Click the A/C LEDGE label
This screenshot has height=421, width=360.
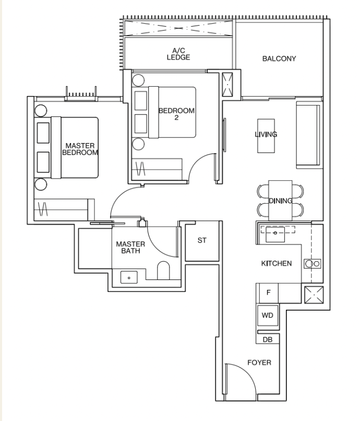[x=178, y=54]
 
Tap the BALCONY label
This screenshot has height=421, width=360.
[x=279, y=59]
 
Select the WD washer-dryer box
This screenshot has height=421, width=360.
[x=268, y=315]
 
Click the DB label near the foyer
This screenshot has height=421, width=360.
[x=268, y=340]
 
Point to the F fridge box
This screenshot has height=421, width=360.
[x=268, y=293]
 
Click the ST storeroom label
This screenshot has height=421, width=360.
[x=202, y=240]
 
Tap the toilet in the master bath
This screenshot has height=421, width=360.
[x=163, y=270]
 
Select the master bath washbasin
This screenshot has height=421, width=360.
[x=129, y=277]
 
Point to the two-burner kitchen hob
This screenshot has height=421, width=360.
[x=313, y=264]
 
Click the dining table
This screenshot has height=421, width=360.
[x=280, y=201]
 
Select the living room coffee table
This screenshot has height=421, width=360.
[x=266, y=136]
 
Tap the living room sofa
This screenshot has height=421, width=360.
[x=308, y=135]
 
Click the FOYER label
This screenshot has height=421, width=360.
[x=259, y=362]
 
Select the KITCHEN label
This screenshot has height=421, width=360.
[x=277, y=263]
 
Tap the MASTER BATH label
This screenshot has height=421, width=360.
[x=130, y=247]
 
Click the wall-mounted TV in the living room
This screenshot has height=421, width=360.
[x=224, y=135]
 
